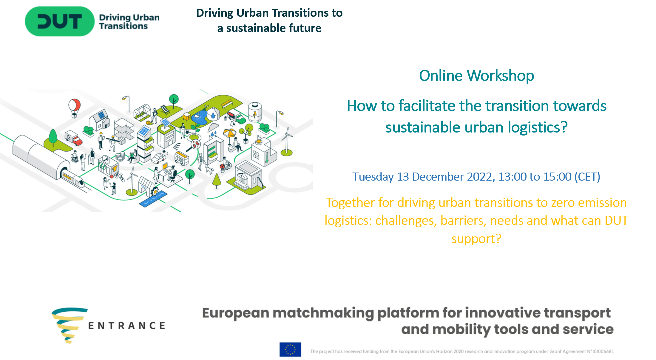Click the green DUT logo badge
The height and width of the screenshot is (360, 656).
pos(60,21)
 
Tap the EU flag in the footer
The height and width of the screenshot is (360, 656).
pos(290,349)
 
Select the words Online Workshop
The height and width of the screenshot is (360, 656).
pos(476,76)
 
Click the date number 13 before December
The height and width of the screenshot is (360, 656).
pos(403,177)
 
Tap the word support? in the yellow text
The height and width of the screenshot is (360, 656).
pos(476,239)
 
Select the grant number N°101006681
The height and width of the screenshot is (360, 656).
pos(600,351)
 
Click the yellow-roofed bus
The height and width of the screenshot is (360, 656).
pos(182,158)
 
